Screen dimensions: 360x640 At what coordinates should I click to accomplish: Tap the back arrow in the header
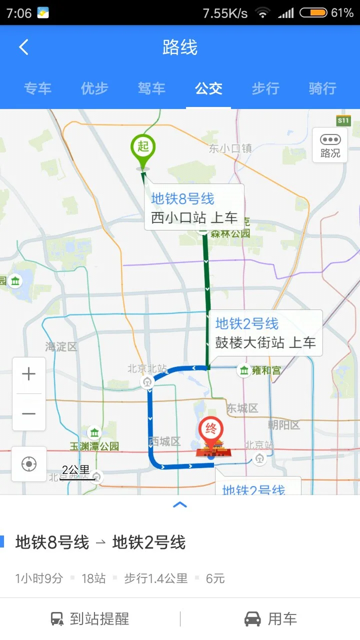point(23,47)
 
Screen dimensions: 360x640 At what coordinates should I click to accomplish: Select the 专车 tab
point(37,89)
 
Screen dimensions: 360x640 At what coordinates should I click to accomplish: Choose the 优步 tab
point(94,89)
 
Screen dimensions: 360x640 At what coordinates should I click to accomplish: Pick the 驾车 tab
point(151,89)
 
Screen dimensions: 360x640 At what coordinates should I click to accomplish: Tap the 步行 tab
point(265,89)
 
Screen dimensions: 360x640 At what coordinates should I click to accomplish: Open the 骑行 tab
point(322,89)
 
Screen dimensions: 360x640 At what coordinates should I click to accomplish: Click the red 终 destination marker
point(211,429)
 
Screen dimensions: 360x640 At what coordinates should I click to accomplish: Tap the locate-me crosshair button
point(29,464)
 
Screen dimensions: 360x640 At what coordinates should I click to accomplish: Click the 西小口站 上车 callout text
point(194,218)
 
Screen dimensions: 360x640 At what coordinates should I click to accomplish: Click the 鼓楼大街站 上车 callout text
point(265,342)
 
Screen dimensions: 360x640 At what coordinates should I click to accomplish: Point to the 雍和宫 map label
point(266,370)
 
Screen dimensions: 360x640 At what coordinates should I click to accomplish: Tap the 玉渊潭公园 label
point(94,446)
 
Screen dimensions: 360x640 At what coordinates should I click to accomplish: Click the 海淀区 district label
point(61,346)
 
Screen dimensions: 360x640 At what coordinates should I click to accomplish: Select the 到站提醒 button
point(90,619)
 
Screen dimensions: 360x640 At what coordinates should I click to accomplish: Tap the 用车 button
point(270,619)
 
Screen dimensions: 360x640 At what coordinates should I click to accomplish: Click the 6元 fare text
point(215,578)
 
